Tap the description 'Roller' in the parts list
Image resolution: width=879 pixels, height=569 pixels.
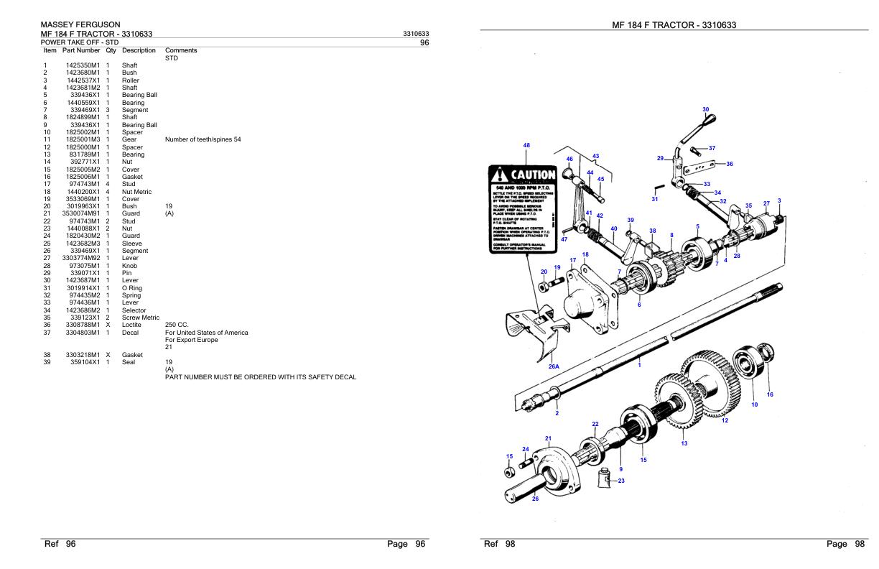pyautogui.click(x=131, y=80)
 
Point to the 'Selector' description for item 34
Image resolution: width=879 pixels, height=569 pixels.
pyautogui.click(x=134, y=310)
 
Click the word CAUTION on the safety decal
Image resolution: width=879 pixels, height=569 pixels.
pyautogui.click(x=532, y=175)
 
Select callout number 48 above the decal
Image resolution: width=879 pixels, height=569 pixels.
pyautogui.click(x=526, y=145)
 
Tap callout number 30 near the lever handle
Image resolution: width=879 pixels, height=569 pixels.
pyautogui.click(x=705, y=110)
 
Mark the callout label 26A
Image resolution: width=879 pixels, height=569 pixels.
pyautogui.click(x=554, y=366)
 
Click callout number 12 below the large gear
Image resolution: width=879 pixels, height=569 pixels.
pyautogui.click(x=724, y=420)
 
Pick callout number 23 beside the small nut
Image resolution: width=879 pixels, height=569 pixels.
pyautogui.click(x=621, y=481)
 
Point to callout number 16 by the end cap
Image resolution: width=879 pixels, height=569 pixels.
pyautogui.click(x=770, y=394)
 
